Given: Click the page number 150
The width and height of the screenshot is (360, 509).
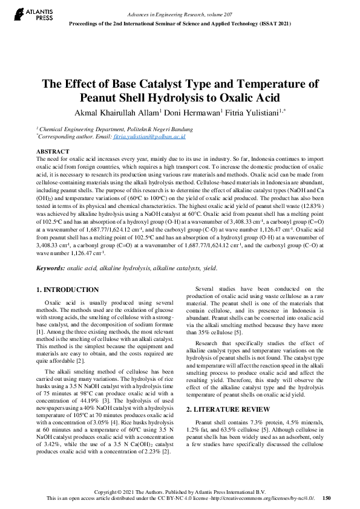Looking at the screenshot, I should coord(327,498).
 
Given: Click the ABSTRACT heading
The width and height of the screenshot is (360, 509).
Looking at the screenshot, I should coord(52,151).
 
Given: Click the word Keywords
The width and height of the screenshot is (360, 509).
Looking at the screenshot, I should coord(50,267).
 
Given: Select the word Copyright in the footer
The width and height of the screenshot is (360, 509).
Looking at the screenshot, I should coord(117,491).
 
